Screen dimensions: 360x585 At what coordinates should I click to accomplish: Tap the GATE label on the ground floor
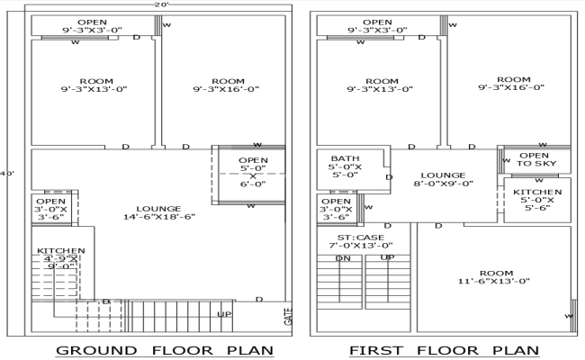(x=288, y=317)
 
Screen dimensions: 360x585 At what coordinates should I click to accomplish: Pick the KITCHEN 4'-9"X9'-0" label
(x=60, y=258)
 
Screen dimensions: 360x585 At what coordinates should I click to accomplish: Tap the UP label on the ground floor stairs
(x=224, y=314)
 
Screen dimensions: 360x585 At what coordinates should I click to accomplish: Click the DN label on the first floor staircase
(x=343, y=258)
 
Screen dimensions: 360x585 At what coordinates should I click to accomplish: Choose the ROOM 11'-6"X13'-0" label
(x=496, y=277)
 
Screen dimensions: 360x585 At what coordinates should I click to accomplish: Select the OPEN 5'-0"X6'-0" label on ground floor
(x=253, y=172)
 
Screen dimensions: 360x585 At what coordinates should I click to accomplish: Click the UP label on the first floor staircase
(x=387, y=258)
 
